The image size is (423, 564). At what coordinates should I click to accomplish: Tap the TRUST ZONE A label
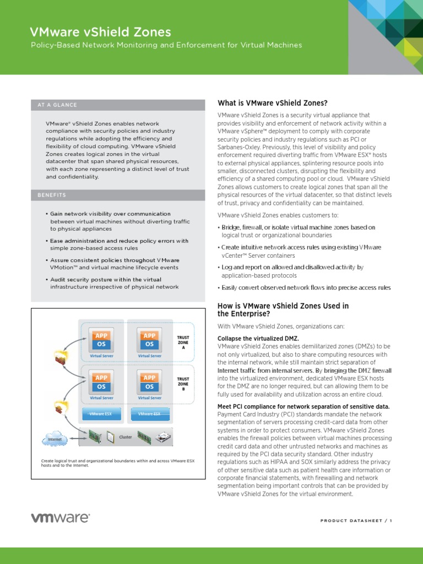(183, 342)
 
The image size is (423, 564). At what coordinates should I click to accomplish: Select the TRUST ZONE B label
(183, 384)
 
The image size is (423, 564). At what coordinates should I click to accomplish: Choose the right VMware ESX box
(149, 414)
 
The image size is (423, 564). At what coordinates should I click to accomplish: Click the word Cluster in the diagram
(126, 437)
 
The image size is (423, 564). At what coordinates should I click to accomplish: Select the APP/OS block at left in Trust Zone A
(101, 340)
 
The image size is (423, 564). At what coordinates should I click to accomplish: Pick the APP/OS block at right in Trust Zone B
(149, 382)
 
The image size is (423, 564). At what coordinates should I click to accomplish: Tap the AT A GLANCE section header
(57, 105)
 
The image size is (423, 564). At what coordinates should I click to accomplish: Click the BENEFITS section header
(52, 195)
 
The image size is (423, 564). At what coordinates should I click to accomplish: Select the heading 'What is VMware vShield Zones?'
(273, 103)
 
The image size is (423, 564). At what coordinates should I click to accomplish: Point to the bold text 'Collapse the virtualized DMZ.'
(251, 338)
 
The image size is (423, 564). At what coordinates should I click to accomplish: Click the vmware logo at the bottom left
(59, 518)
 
